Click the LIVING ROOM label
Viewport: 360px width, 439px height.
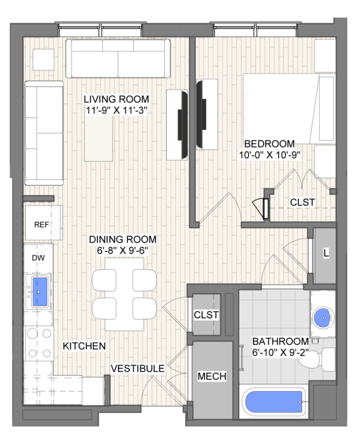(116, 99)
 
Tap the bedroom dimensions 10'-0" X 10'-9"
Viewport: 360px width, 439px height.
(269, 155)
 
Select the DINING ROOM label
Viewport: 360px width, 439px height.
(123, 239)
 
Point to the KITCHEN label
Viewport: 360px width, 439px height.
(84, 346)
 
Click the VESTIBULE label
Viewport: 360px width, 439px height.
(138, 368)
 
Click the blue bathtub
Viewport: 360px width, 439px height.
(274, 402)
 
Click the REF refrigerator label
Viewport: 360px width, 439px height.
(42, 225)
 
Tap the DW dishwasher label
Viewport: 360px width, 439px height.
(38, 258)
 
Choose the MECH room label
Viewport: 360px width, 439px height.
(212, 376)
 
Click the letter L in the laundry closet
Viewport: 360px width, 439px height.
(326, 253)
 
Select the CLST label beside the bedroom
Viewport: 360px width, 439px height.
(302, 202)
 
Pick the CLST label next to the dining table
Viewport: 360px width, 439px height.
(206, 315)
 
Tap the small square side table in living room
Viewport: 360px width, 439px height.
(43, 59)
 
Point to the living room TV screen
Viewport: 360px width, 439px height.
(183, 125)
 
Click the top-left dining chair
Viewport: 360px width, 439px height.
(104, 280)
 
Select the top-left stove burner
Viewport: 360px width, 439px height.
(32, 334)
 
